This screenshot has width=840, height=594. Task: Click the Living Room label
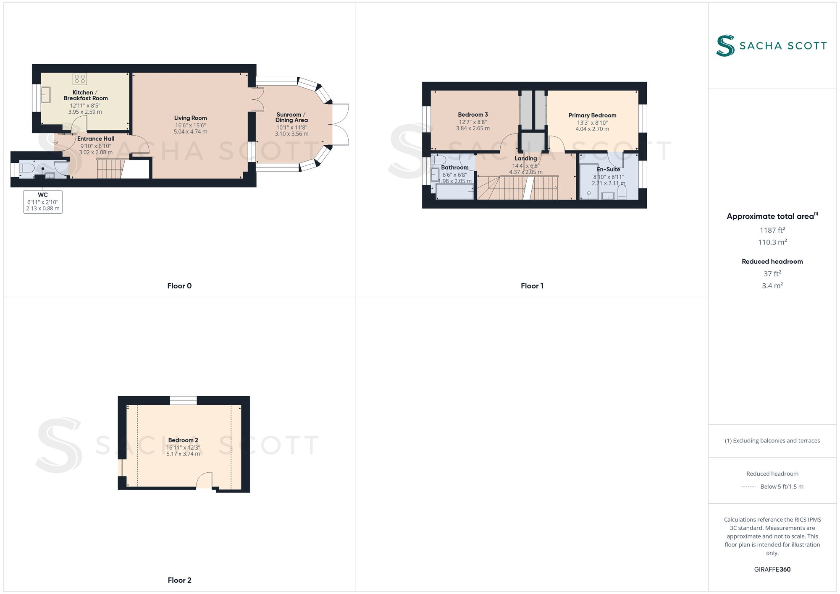click(x=190, y=118)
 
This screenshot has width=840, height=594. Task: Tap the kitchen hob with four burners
click(x=80, y=79)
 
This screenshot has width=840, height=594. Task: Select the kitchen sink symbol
click(x=45, y=94)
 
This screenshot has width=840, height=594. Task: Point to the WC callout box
click(x=43, y=201)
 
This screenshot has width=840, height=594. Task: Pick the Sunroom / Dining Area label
click(x=291, y=117)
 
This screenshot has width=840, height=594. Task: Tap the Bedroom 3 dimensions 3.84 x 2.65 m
click(x=473, y=128)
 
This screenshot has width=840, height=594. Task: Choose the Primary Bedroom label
click(x=592, y=115)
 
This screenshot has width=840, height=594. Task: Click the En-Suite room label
click(x=608, y=170)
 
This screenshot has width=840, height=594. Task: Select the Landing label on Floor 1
click(x=526, y=159)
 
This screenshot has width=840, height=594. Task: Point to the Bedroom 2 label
click(x=183, y=440)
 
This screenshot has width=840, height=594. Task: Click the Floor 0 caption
click(x=179, y=286)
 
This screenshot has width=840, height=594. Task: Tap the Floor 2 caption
click(x=179, y=580)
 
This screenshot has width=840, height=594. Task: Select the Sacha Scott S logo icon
click(x=725, y=46)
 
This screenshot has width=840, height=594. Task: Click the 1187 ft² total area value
click(x=772, y=230)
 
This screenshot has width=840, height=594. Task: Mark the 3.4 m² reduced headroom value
click(x=772, y=285)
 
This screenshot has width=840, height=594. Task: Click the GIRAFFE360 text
click(x=772, y=569)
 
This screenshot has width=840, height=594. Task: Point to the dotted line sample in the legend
click(x=748, y=487)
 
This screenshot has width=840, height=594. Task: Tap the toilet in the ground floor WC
click(x=26, y=168)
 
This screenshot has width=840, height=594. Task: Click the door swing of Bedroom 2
click(x=205, y=480)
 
